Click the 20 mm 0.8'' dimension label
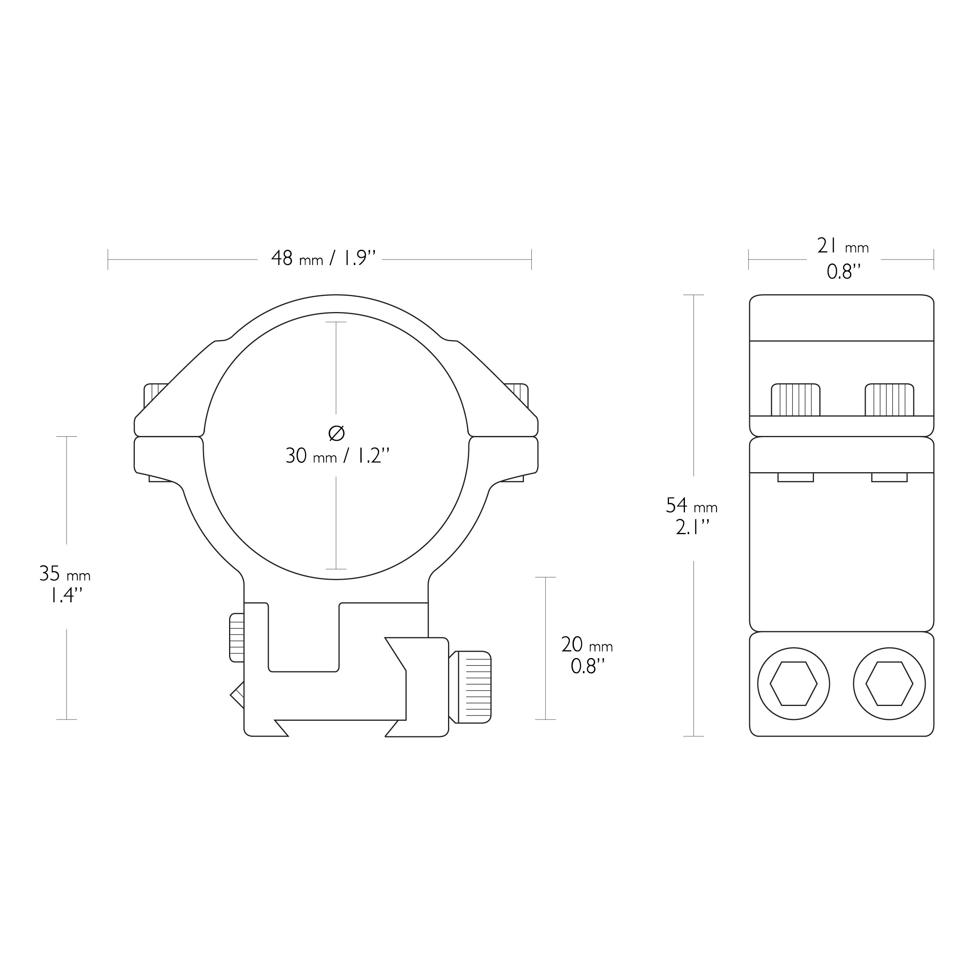click(x=586, y=656)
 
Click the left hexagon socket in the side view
click(x=794, y=684)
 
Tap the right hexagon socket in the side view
click(x=889, y=684)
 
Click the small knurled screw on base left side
click(x=236, y=638)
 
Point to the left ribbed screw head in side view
click(x=796, y=400)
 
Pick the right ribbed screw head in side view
click(x=889, y=400)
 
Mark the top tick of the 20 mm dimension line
click(x=545, y=577)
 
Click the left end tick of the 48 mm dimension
click(x=108, y=259)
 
